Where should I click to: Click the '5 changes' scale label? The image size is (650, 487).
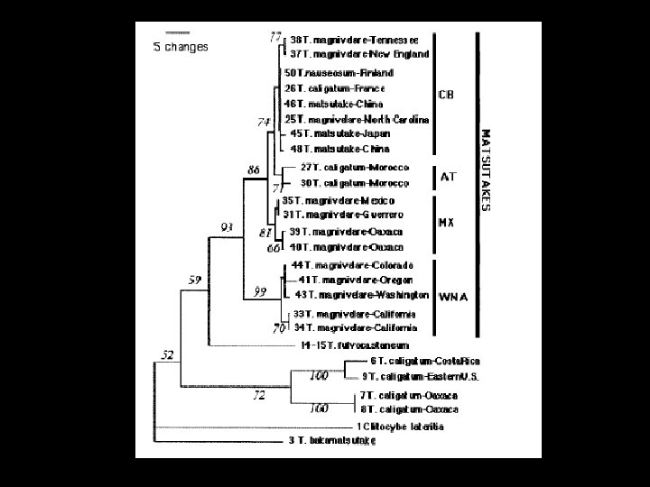180,46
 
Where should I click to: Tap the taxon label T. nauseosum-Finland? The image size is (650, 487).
339,72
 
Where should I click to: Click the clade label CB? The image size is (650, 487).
446,94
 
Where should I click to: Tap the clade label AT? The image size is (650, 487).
448,178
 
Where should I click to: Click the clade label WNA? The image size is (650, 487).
452,295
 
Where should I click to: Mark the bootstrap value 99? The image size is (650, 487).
262,290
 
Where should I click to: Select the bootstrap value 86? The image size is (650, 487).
255,169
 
